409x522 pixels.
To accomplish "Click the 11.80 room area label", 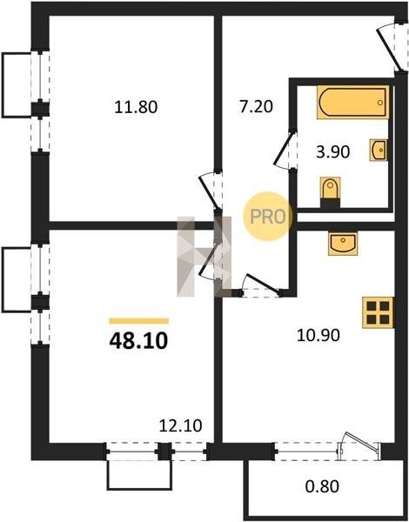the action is point(136,108).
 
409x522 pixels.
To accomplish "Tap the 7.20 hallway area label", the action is point(256,106).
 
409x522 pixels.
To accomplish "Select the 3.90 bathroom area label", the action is point(332,152).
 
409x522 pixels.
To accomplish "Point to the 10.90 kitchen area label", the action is point(318,335).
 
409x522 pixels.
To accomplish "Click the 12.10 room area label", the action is point(180,425).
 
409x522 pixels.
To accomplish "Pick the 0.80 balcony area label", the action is point(322,485).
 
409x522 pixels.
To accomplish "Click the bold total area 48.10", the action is point(138,341).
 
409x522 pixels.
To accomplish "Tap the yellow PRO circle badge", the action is point(267,217).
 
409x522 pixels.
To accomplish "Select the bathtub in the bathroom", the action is point(352,102).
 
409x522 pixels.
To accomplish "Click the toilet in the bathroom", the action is point(330,191).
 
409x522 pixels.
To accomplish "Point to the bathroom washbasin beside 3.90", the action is point(379,151).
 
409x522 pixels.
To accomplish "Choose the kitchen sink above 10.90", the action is point(343,244).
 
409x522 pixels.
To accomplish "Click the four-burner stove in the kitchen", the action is point(378,312).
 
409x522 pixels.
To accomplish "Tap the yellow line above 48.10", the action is point(139,321).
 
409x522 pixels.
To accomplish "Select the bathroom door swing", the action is point(284,151).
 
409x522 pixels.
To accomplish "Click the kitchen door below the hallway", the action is point(261,285).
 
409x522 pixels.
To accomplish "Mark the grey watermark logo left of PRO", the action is point(204,257).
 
